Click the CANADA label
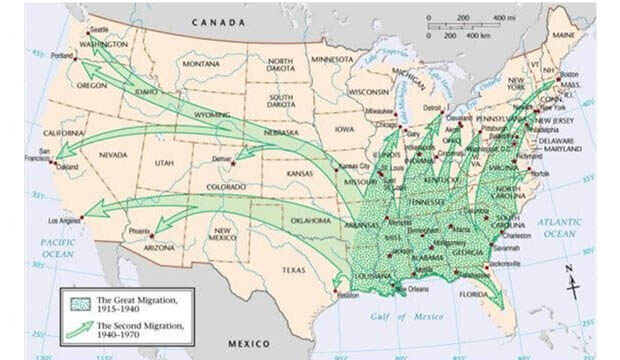coord(225,21)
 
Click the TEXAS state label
coord(296,270)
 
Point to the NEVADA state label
coord(112,155)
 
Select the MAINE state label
coord(564,37)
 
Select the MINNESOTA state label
coord(333,59)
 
